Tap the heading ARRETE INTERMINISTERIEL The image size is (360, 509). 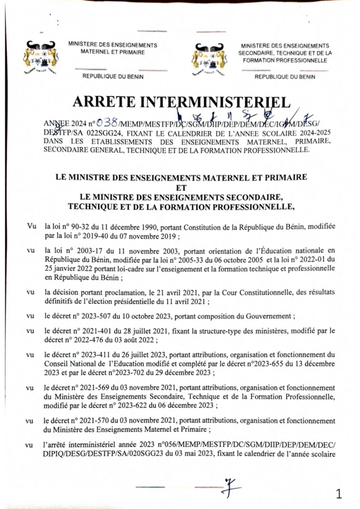180,101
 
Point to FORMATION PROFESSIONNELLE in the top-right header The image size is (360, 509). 285,61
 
